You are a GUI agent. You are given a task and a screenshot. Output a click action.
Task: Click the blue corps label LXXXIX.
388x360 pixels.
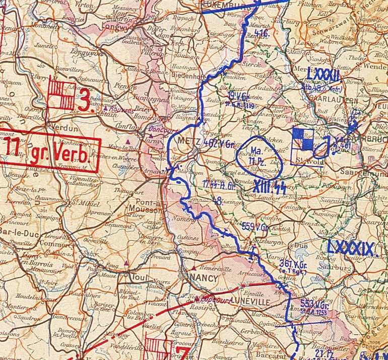(x=351, y=248)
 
